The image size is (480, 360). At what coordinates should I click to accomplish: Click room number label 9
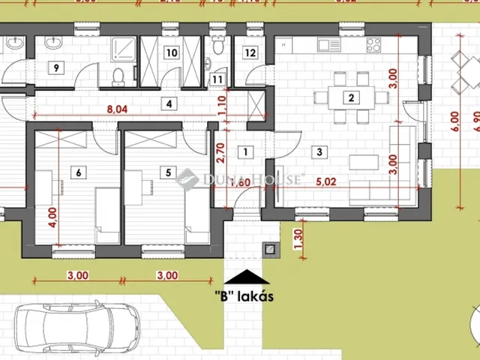coord(55,67)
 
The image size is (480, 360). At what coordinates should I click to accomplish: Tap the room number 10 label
coord(172,52)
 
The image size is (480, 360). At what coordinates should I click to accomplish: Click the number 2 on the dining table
coord(349,96)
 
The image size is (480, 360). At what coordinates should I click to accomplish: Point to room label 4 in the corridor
coord(170,103)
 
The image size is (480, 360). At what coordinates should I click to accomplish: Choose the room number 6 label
coord(79,172)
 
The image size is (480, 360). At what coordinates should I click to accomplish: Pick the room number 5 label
coord(167,172)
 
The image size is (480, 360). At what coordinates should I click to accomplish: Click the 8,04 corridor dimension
coord(117,109)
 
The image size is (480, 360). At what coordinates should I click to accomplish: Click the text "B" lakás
coord(244,295)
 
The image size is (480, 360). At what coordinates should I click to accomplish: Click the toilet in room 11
coord(217,47)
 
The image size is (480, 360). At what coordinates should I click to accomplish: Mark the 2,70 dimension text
coord(220,152)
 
